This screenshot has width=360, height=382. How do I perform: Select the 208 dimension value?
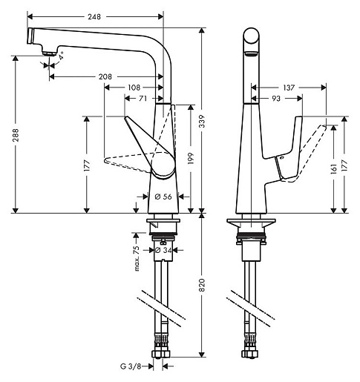click(x=106, y=76)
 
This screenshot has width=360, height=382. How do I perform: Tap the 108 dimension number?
click(x=134, y=88)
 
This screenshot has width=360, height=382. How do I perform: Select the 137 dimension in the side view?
click(x=289, y=88)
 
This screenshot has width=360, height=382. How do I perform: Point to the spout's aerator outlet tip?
click(x=48, y=50)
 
